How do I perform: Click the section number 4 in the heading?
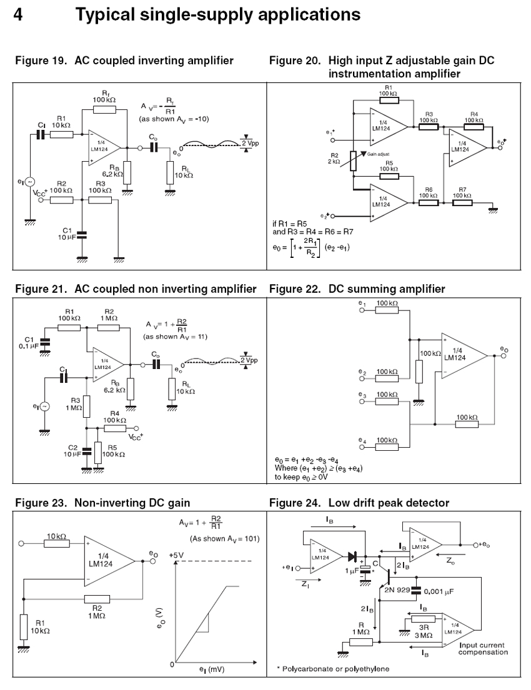click(x=19, y=14)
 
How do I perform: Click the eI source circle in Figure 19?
click(x=30, y=182)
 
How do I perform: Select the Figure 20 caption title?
click(x=385, y=67)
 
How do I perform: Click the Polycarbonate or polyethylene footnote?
click(x=332, y=669)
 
